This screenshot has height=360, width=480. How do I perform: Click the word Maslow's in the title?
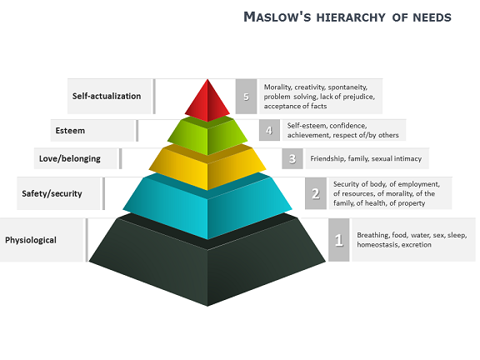tap(277, 17)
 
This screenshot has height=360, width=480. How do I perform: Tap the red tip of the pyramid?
tap(207, 101)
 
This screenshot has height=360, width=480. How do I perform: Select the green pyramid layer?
tap(207, 135)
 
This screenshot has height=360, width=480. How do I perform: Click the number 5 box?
tap(246, 97)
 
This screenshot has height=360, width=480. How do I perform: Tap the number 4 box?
tap(269, 130)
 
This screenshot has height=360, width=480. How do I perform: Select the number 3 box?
tap(292, 158)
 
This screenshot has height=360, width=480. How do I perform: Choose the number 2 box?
tap(316, 193)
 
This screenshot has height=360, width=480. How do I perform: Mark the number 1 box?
tap(339, 240)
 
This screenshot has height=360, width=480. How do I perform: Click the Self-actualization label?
tap(107, 96)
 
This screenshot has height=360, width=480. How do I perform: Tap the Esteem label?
tap(70, 131)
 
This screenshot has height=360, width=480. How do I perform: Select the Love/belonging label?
tap(70, 158)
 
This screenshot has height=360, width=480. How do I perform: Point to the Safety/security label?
tap(52, 193)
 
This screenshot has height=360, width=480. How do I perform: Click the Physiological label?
tap(31, 240)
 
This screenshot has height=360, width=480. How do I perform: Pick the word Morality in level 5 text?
tap(277, 87)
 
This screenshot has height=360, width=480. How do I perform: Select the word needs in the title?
tap(432, 17)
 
